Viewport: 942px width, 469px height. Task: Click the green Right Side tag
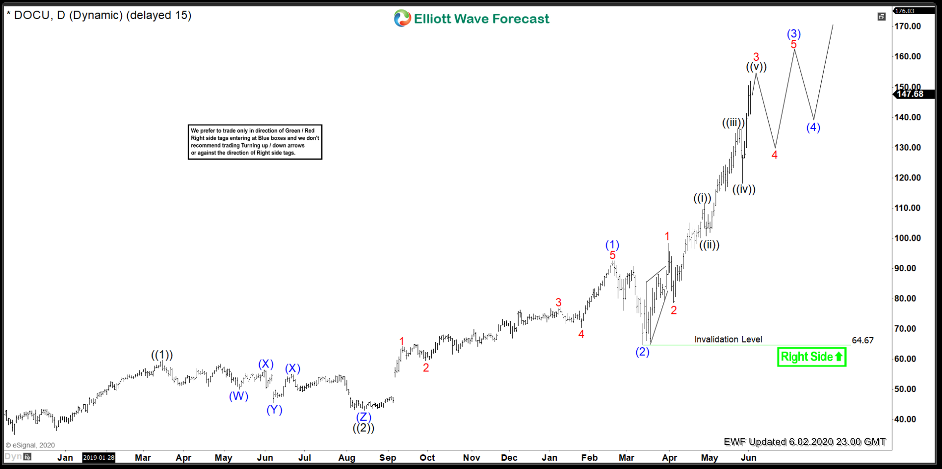click(811, 357)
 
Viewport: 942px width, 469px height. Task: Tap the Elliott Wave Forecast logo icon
click(402, 19)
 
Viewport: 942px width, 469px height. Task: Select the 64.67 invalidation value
click(863, 340)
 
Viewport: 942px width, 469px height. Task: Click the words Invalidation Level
click(728, 339)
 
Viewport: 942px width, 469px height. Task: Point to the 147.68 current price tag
click(910, 94)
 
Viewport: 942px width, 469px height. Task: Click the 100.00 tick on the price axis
click(907, 238)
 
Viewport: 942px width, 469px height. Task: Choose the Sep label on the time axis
click(388, 457)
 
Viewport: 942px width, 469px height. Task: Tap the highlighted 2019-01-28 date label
click(99, 457)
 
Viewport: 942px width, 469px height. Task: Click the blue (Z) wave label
click(364, 417)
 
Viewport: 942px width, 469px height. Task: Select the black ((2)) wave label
click(364, 428)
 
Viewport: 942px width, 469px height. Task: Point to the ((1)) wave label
click(162, 355)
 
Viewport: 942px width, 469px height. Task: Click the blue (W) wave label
click(238, 396)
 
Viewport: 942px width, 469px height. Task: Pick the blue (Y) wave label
click(274, 410)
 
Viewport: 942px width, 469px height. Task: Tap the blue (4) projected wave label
click(813, 127)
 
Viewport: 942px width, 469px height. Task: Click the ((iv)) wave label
click(744, 189)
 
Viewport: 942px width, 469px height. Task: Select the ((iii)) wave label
click(733, 123)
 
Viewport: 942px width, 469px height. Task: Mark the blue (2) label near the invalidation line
click(643, 352)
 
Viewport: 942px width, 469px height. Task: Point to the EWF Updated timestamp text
click(805, 442)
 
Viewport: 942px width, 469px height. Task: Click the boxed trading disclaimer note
click(255, 142)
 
